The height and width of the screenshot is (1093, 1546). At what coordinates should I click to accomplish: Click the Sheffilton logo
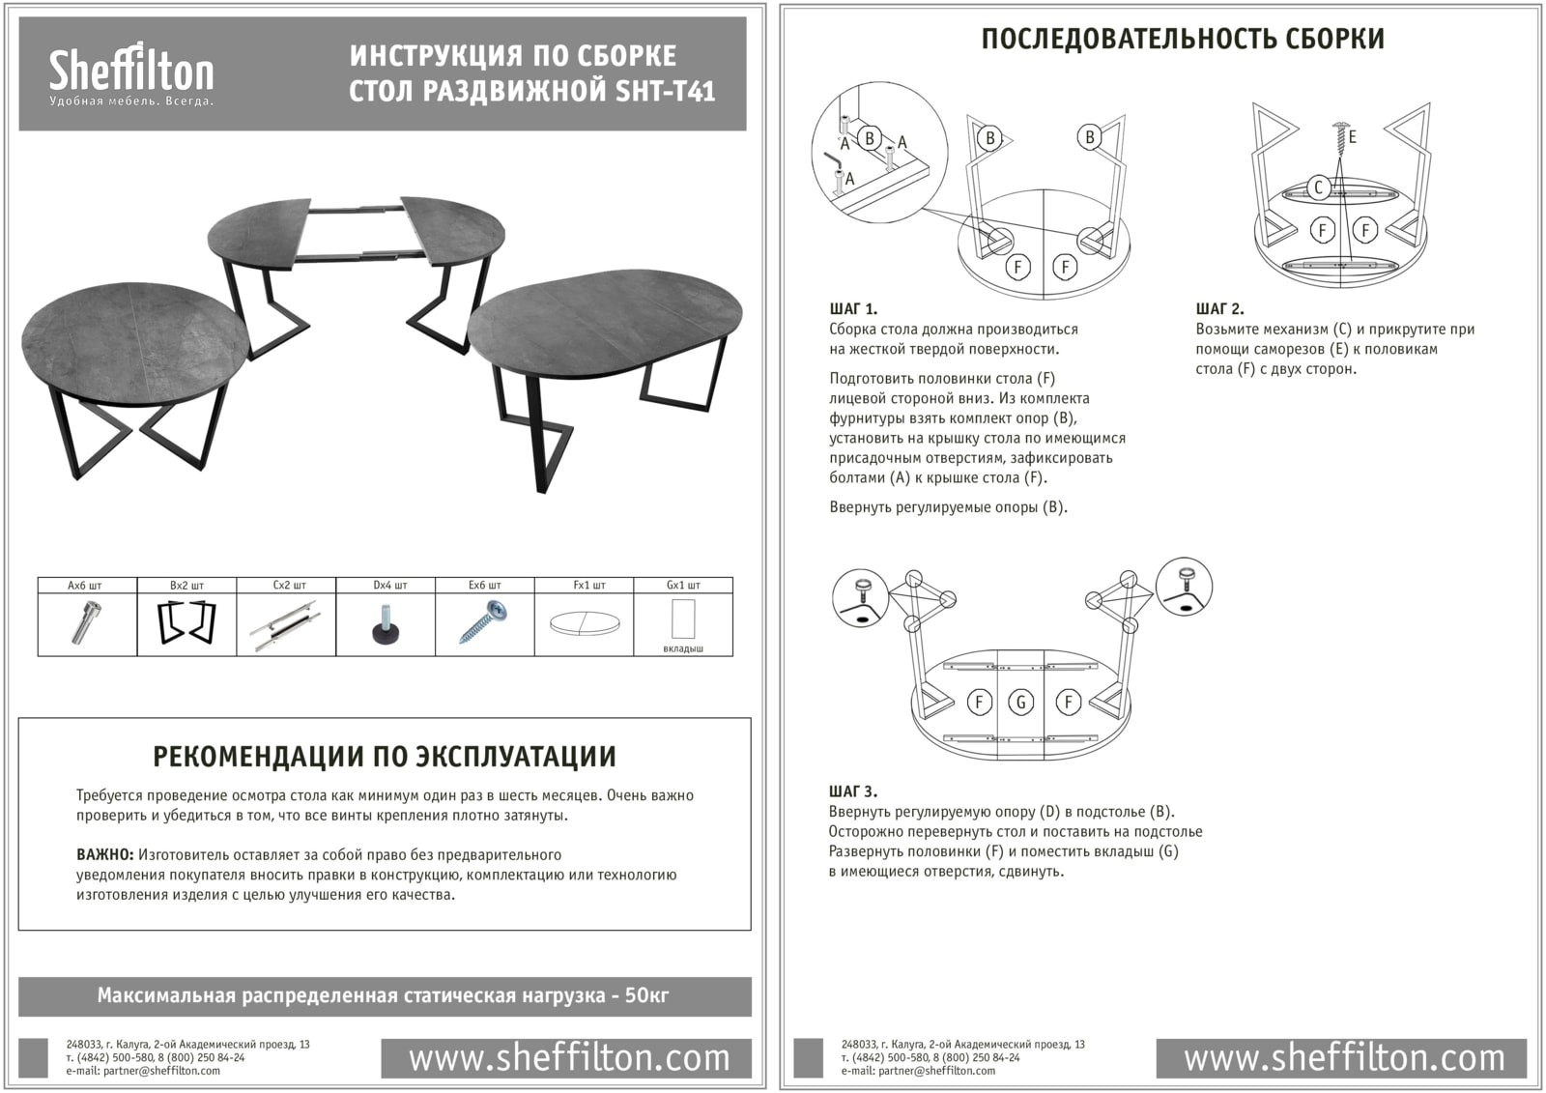(131, 72)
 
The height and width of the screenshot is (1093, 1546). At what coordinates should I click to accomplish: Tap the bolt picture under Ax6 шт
(86, 621)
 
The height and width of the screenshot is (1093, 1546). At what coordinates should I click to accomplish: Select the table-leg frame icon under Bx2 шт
(186, 622)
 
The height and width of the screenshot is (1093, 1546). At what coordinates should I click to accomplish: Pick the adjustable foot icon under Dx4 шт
(386, 624)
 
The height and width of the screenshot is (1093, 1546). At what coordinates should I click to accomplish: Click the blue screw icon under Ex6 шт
(485, 622)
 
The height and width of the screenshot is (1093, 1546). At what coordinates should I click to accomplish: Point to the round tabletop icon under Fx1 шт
(584, 623)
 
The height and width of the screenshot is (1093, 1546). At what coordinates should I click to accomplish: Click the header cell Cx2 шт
(286, 585)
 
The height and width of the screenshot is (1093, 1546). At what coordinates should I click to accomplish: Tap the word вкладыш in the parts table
(683, 648)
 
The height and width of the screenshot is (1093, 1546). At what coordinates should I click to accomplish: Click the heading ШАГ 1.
(853, 309)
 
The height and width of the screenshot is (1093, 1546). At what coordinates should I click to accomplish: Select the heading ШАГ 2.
(1219, 309)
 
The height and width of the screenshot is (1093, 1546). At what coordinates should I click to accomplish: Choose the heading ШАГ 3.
(853, 791)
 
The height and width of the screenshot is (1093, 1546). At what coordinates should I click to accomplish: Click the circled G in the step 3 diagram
(1021, 703)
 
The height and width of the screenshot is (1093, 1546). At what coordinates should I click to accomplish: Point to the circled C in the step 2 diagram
(1318, 187)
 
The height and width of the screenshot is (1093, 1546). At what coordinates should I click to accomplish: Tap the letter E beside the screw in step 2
(1353, 137)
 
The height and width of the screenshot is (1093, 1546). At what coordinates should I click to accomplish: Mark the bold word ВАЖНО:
(104, 855)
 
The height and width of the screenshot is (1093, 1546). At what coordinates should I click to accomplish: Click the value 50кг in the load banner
(646, 995)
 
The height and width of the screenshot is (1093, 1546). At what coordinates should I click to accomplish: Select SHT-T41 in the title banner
(666, 91)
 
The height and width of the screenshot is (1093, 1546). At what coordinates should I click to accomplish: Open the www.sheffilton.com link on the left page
(569, 1058)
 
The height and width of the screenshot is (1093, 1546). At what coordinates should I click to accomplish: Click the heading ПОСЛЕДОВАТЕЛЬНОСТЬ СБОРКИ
(1183, 39)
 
